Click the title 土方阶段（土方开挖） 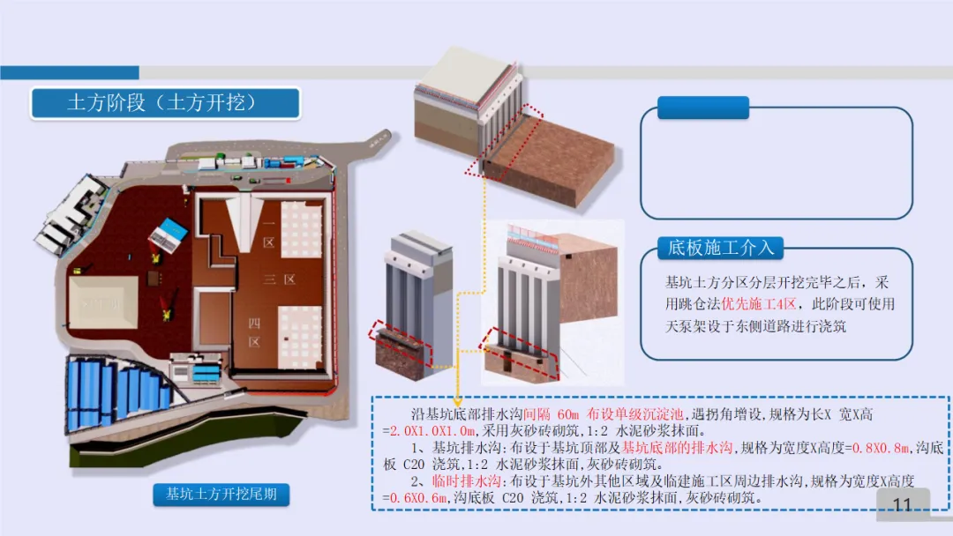point(165,103)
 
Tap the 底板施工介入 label point(720,248)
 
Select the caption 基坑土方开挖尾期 point(215,494)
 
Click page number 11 point(902,504)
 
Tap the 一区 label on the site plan point(268,234)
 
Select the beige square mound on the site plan point(104,304)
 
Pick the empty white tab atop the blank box point(703,108)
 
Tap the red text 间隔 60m point(547,413)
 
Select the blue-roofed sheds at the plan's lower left point(115,393)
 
